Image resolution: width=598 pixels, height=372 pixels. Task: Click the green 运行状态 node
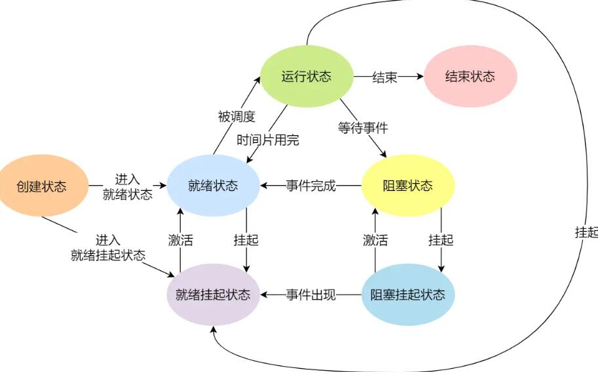pos(307,76)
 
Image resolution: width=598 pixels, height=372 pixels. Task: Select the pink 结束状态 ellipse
pos(470,76)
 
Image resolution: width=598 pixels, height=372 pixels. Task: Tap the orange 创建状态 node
pos(42,186)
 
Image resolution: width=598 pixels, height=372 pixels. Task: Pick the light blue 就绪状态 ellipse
pos(213,186)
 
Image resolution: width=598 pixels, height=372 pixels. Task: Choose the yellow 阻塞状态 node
pos(407,186)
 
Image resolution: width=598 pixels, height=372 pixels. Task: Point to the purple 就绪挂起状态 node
pos(213,295)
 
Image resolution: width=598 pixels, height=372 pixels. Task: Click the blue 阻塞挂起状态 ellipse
pos(407,295)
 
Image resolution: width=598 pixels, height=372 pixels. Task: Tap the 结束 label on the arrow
pos(385,77)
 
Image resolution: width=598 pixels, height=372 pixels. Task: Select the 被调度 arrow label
pos(236,116)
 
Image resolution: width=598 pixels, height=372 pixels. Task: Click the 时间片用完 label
pos(268,140)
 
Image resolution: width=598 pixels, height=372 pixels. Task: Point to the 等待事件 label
pos(363,127)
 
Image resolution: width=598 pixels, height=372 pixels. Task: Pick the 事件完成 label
pos(311,186)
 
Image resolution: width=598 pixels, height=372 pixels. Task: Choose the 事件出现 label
pos(311,295)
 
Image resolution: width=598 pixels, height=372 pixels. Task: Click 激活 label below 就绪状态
pos(180,240)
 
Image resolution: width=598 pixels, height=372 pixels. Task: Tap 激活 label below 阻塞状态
pos(375,240)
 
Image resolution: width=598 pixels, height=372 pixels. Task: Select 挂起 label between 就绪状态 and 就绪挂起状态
pos(246,240)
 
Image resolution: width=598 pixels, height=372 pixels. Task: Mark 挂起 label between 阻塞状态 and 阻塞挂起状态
pos(441,240)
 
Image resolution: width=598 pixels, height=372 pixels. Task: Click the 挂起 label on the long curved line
pos(586,232)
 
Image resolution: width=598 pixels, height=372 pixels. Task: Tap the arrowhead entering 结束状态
pos(420,76)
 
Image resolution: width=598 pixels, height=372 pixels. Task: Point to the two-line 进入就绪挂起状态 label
pos(108,247)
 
